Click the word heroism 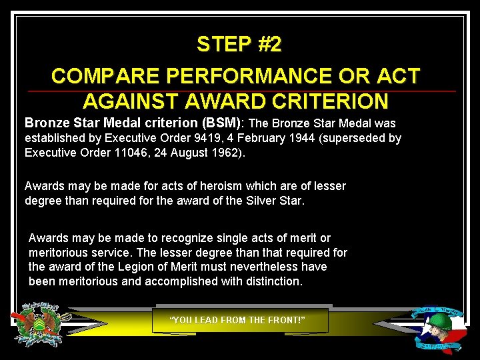tap(208, 186)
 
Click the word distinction tap(269, 282)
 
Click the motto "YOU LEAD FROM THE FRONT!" tap(238, 321)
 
